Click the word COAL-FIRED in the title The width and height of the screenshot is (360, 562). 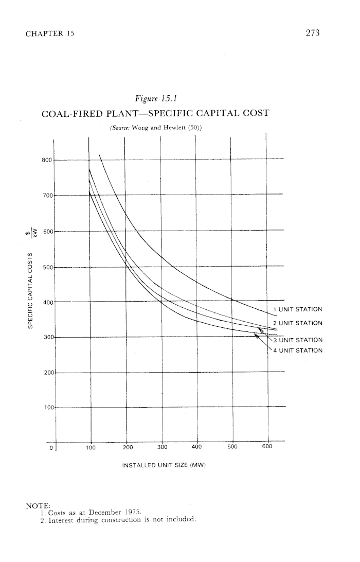point(75,113)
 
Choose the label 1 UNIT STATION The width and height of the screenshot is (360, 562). point(298,310)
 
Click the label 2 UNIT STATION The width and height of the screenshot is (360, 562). point(298,323)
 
